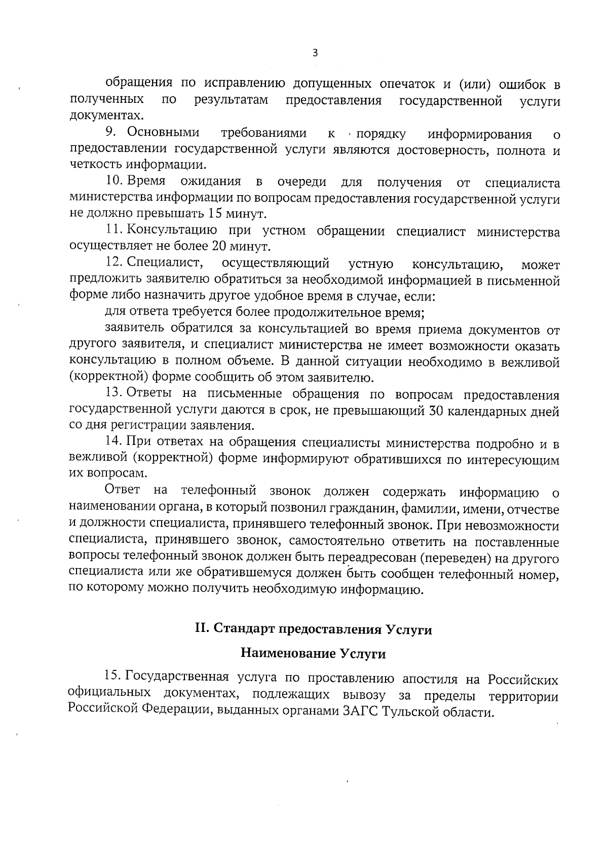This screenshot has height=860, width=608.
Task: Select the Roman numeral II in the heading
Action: point(202,629)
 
